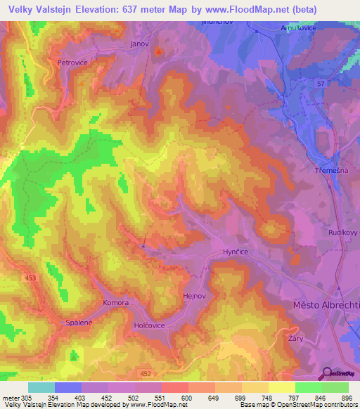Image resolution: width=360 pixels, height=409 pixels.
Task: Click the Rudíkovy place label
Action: pyautogui.click(x=343, y=231)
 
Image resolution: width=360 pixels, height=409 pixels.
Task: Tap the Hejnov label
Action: pyautogui.click(x=194, y=297)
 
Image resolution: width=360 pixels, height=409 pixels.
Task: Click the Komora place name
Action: pyautogui.click(x=115, y=303)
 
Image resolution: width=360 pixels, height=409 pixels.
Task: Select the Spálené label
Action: pyautogui.click(x=79, y=323)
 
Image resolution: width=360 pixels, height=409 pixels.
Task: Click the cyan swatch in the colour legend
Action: pyautogui.click(x=41, y=387)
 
